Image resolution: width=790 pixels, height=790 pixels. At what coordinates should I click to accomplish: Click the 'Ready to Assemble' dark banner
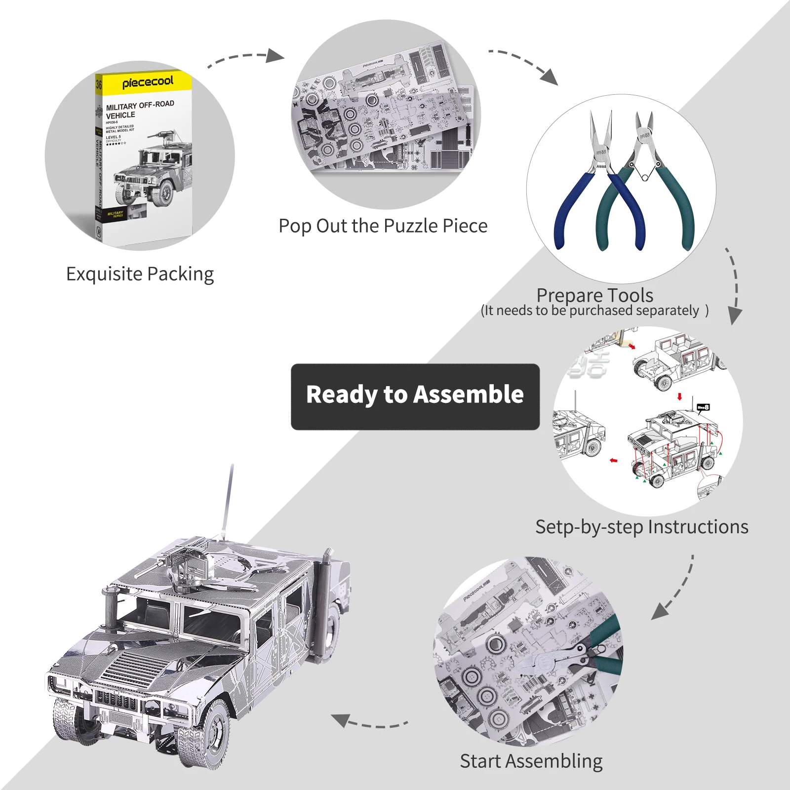click(415, 396)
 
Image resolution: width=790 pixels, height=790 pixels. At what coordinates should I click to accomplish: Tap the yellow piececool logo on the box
click(148, 82)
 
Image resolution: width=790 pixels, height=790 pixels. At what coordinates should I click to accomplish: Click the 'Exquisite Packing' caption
click(140, 274)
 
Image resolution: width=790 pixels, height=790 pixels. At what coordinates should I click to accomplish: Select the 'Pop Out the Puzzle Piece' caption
click(383, 226)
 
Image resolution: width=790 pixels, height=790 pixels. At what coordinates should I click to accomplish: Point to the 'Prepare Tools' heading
click(594, 295)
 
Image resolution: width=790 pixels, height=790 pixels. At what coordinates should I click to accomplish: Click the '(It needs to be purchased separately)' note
click(594, 311)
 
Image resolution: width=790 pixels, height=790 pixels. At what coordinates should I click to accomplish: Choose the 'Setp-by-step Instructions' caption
click(641, 527)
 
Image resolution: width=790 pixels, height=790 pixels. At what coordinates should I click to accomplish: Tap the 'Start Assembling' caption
click(531, 761)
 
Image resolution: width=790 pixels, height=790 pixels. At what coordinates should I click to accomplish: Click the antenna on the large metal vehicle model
click(228, 499)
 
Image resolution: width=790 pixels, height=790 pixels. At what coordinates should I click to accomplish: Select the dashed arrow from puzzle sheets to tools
click(523, 64)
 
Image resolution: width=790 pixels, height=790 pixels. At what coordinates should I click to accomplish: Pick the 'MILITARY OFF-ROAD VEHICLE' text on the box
click(139, 110)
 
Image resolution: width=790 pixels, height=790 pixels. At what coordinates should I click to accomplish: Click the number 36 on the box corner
click(99, 84)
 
